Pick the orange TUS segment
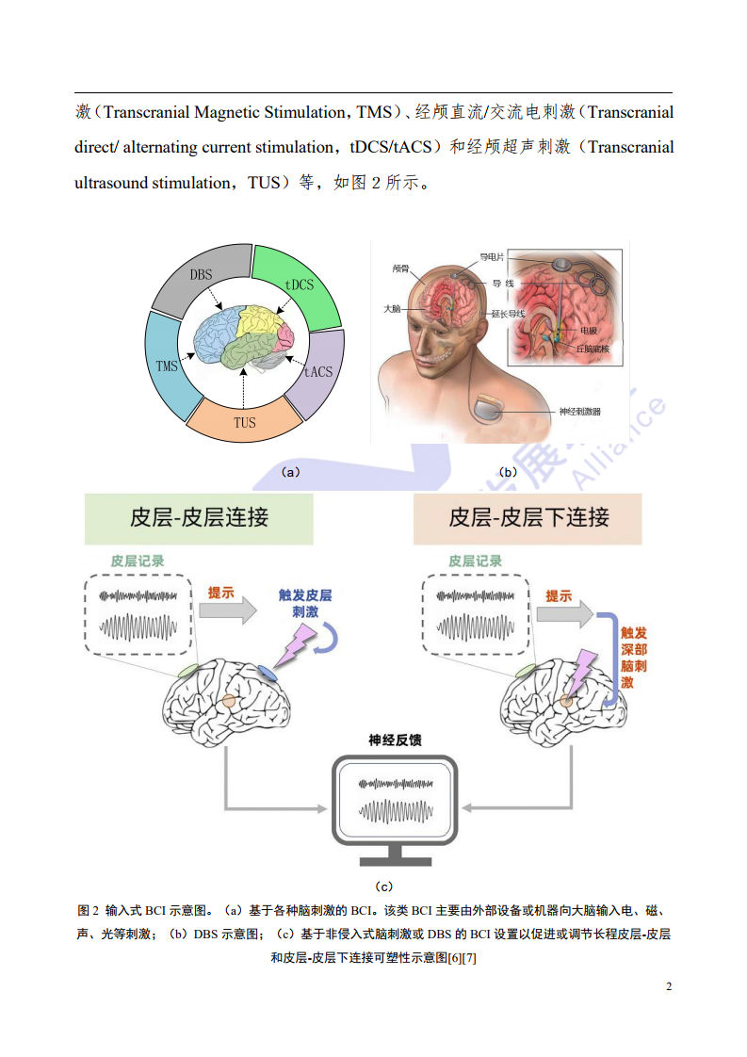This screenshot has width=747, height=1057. pyautogui.click(x=244, y=422)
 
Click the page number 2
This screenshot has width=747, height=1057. pyautogui.click(x=669, y=986)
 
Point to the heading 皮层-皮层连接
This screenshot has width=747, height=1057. pyautogui.click(x=199, y=517)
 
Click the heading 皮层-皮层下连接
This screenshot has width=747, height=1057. pyautogui.click(x=528, y=517)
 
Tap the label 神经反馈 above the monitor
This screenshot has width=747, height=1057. pyautogui.click(x=395, y=740)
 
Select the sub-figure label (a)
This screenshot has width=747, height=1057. pyautogui.click(x=290, y=472)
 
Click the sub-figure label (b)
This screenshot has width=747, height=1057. pyautogui.click(x=507, y=472)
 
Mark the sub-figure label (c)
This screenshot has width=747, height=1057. pyautogui.click(x=383, y=886)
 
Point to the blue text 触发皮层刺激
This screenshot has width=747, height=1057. pyautogui.click(x=304, y=603)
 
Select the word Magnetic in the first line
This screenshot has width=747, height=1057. pyautogui.click(x=234, y=113)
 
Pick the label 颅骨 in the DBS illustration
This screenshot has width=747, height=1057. pyautogui.click(x=400, y=268)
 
